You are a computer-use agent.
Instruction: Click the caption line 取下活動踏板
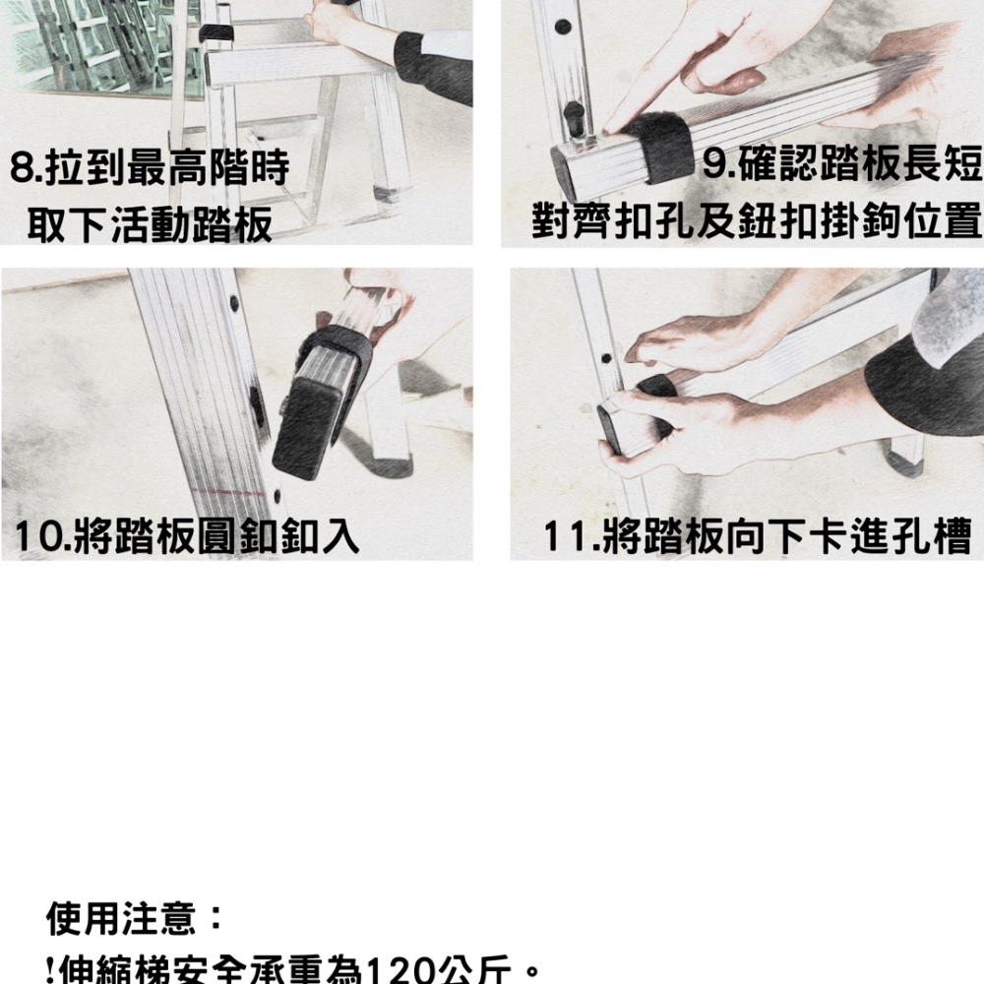click(150, 225)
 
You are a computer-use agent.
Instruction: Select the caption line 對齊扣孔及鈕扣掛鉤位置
click(757, 220)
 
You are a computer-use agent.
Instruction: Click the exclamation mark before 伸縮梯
click(50, 971)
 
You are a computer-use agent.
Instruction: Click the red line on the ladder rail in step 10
click(231, 489)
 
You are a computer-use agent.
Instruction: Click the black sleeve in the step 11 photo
click(925, 379)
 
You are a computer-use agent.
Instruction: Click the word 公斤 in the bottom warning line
click(478, 971)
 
